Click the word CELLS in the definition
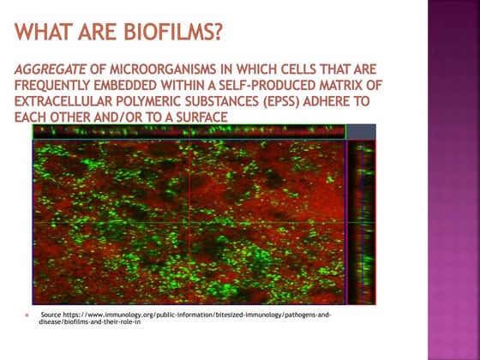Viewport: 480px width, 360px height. (292, 69)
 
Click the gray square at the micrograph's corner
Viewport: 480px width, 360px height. (361, 131)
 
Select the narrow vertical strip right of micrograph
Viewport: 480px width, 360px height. (361, 222)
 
